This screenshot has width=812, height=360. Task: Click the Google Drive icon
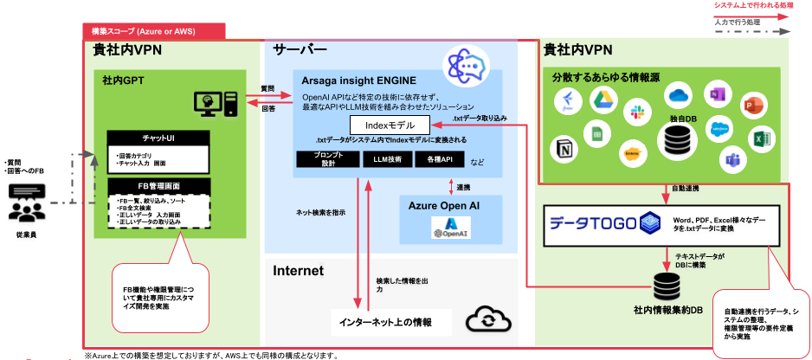coord(601,101)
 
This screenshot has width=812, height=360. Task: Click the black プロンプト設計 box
coord(327,159)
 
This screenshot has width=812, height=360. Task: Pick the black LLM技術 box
coord(388,159)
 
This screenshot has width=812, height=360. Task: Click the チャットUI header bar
coord(158,138)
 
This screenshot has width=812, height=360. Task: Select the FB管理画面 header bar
coord(158,185)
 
